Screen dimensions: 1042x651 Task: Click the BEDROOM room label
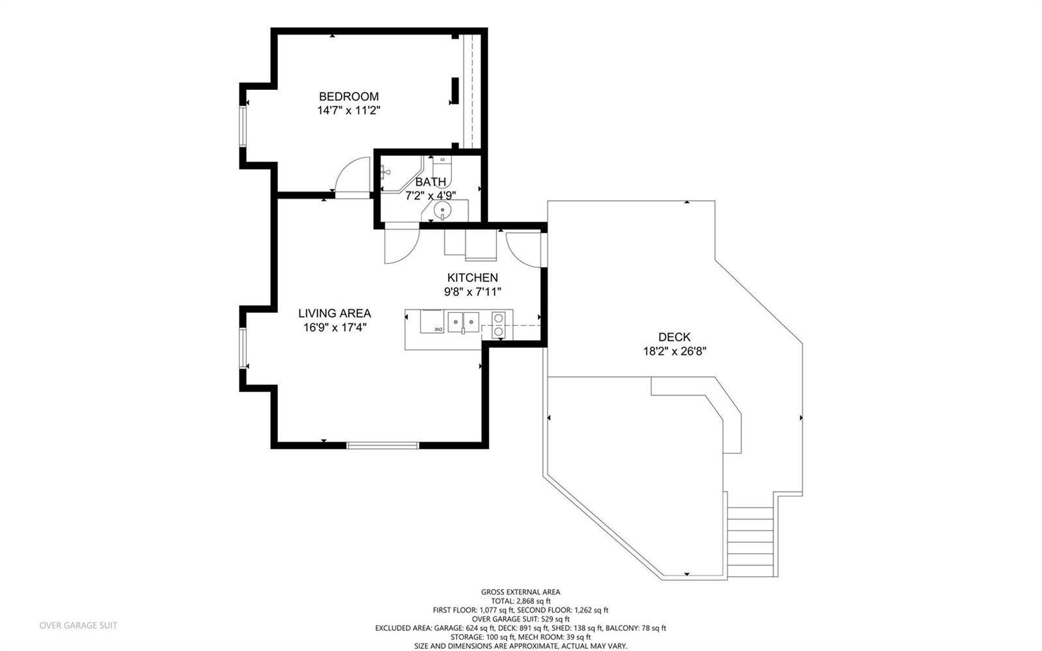coord(348,96)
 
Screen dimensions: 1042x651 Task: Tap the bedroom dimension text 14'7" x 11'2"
coord(349,111)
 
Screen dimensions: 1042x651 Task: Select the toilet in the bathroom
coord(442,170)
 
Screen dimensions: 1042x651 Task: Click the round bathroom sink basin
coord(442,210)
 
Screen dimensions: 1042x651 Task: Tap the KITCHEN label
coord(473,278)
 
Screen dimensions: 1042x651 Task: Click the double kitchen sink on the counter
coord(463,322)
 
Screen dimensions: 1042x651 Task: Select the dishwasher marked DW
coord(432,321)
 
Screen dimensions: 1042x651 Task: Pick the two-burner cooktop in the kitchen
coord(498,325)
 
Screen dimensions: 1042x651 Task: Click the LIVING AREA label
coord(335,313)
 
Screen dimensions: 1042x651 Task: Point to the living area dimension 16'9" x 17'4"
coord(335,328)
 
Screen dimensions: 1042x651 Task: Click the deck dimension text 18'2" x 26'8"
coord(675,351)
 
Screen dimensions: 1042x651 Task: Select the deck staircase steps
coord(750,542)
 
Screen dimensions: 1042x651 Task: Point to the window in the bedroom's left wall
coord(243,126)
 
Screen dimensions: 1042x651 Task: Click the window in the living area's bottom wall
coord(383,445)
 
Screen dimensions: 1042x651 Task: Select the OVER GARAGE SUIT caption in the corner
coord(78,626)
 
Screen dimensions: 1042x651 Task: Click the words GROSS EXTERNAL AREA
coord(520,592)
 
